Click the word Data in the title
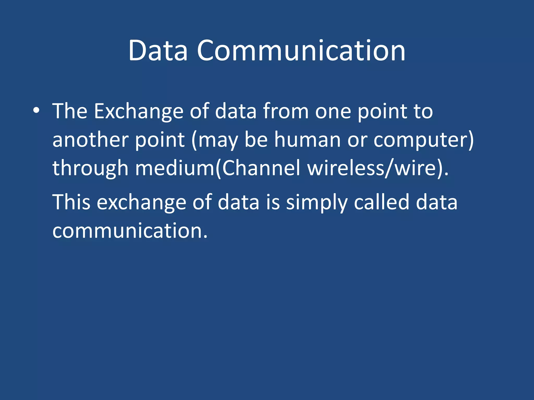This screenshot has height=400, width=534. point(158,51)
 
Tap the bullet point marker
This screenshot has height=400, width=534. point(36,111)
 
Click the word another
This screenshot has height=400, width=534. point(90,140)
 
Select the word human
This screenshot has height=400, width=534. point(307,140)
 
